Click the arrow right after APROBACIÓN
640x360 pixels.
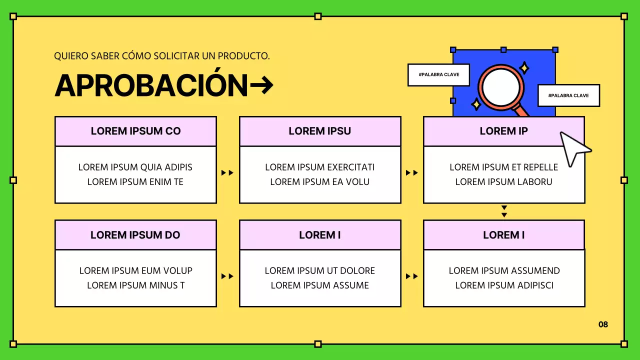(x=261, y=85)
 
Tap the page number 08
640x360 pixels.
(x=603, y=324)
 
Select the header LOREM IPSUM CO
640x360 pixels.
(x=135, y=131)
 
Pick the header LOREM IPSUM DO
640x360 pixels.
(x=135, y=235)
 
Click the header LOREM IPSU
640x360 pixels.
(x=320, y=131)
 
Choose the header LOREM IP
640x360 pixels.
(x=503, y=131)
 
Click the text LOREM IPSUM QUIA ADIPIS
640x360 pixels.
(x=135, y=167)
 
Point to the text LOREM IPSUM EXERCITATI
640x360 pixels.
(x=320, y=167)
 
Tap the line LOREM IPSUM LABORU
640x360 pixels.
(x=503, y=182)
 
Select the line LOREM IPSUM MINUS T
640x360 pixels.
(x=135, y=285)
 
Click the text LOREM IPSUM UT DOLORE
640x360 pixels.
(x=320, y=271)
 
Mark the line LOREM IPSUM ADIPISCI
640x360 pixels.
(x=504, y=285)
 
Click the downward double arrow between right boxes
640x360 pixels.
(x=504, y=211)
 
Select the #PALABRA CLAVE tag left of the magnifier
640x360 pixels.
(x=438, y=75)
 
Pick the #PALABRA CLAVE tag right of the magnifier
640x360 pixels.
(x=568, y=95)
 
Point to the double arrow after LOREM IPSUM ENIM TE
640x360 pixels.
(x=227, y=173)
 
